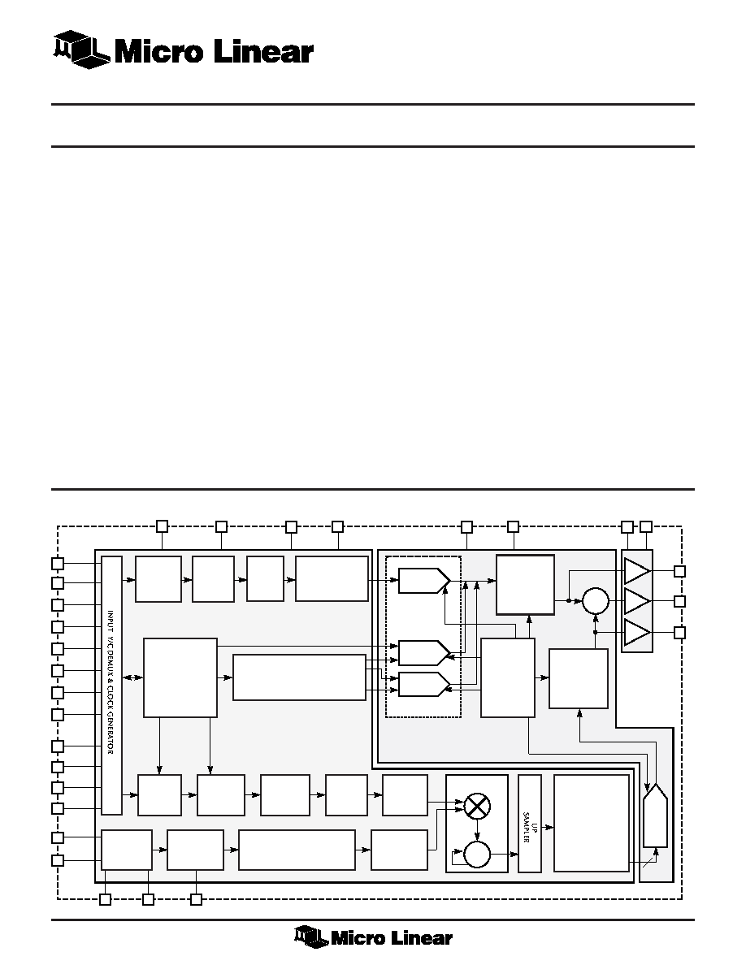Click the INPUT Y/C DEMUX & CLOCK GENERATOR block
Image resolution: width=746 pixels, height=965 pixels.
[x=111, y=685]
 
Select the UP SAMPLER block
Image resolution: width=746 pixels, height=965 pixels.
[x=529, y=823]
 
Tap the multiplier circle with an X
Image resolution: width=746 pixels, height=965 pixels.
[x=476, y=807]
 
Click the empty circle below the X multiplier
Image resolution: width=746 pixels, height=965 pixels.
[x=476, y=855]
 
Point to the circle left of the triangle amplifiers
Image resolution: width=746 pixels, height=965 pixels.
[x=595, y=601]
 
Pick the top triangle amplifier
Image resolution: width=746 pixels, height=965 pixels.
[x=637, y=571]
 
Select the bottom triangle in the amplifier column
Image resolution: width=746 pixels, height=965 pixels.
[x=637, y=633]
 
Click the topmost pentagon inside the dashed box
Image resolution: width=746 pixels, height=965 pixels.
[x=424, y=580]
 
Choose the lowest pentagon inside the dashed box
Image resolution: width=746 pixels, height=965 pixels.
[x=424, y=684]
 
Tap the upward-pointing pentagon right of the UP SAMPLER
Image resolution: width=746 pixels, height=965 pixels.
[x=655, y=816]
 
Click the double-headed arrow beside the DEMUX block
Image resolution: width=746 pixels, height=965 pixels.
[x=132, y=677]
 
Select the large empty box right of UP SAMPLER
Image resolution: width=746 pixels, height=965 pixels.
[x=592, y=823]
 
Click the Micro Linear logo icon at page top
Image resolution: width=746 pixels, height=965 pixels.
[x=81, y=50]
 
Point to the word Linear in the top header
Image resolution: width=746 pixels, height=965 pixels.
[x=263, y=51]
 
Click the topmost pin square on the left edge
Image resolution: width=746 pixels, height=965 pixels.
[x=57, y=563]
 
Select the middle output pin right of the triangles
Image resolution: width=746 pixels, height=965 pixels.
[x=679, y=601]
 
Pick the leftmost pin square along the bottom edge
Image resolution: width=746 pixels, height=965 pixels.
[x=106, y=900]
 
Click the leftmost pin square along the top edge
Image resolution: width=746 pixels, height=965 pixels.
[x=162, y=526]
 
